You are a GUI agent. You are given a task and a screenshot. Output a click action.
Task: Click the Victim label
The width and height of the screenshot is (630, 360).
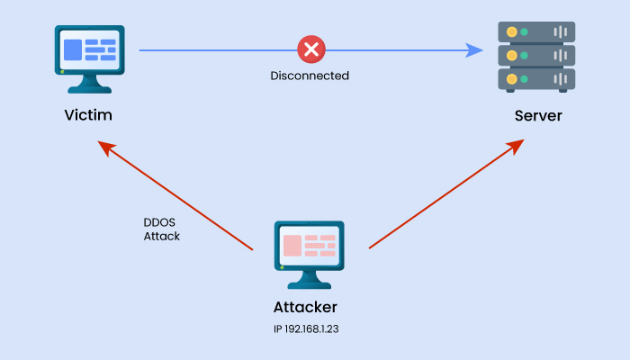coord(88,116)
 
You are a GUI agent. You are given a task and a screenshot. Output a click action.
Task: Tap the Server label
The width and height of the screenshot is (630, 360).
coord(538,116)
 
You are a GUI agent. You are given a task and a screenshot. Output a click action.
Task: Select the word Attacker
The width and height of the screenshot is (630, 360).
coord(305,307)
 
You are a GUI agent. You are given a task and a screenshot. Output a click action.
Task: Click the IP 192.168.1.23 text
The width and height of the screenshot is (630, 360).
coord(305,329)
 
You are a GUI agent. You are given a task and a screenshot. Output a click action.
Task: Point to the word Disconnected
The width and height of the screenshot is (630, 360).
coord(310,76)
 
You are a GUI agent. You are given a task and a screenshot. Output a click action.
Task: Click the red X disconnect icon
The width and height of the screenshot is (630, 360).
coord(310,49)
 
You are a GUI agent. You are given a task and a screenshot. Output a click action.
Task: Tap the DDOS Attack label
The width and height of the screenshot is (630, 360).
coord(162,229)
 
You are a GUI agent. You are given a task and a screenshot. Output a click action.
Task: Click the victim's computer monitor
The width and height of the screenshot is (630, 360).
coord(89,49)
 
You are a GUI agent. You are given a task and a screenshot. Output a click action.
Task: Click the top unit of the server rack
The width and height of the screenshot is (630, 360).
coord(536,32)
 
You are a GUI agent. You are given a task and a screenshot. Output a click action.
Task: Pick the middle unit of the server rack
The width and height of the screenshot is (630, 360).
coord(536,56)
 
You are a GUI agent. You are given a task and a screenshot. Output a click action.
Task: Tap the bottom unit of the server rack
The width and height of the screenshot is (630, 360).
coord(536,79)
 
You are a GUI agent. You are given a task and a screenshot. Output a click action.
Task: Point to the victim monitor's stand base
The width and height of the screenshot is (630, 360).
coord(89,89)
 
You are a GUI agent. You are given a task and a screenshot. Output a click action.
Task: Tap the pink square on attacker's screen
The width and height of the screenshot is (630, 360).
coord(292,246)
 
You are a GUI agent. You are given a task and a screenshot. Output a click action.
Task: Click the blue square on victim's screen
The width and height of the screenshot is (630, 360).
coord(72,49)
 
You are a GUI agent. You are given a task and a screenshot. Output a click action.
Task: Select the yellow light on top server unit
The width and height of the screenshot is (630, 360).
coord(511,32)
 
